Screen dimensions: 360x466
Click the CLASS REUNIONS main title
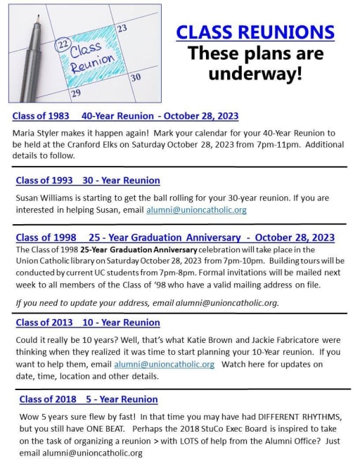coord(255,32)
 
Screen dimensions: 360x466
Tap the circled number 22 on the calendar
coord(62,44)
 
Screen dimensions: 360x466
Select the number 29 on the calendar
coord(75,92)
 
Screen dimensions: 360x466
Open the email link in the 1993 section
coord(196,209)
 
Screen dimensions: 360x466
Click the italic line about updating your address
coord(147,303)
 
